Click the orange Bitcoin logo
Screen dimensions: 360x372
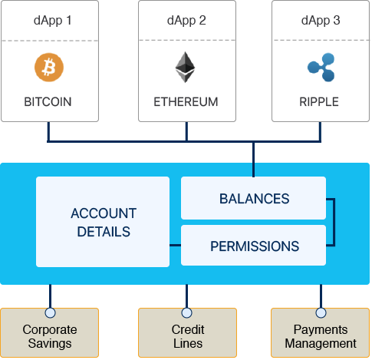50,68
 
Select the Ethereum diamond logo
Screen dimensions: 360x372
185,68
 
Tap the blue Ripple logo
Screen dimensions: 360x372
319,67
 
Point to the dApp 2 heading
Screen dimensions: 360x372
186,21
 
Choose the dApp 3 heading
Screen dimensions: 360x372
320,21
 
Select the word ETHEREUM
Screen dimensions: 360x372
186,101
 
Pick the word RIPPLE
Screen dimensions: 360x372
320,101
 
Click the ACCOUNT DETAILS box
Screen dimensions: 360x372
103,222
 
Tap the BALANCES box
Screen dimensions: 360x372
254,199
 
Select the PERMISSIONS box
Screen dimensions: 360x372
254,246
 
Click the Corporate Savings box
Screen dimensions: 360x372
50,336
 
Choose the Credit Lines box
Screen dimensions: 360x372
187,336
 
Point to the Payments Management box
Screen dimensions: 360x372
321,336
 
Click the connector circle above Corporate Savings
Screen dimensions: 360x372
51,312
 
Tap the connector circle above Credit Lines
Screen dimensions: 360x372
187,312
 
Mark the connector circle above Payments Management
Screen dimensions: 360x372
321,312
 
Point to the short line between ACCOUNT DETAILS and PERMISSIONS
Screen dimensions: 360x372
175,246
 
